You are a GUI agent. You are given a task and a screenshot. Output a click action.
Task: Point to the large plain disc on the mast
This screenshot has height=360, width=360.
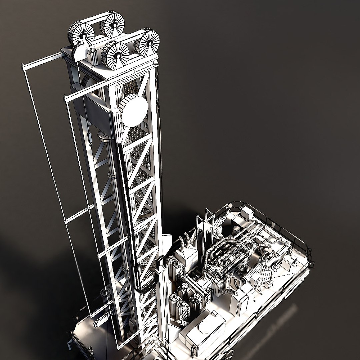[134, 110]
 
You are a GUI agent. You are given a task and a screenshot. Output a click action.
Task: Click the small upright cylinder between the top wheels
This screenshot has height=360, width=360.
[93, 56]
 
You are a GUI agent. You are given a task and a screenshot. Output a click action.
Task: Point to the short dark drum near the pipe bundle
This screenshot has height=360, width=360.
[236, 229]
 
